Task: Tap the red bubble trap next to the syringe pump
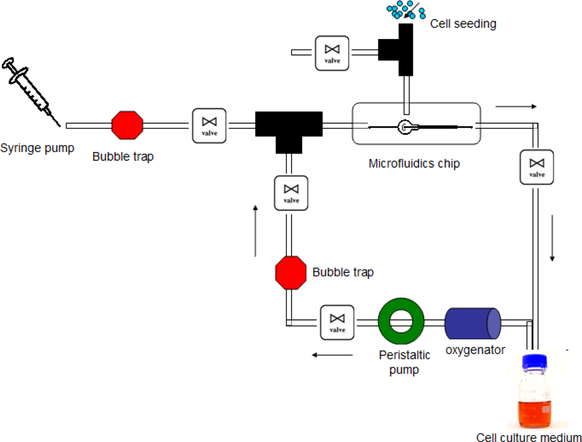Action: pos(127,125)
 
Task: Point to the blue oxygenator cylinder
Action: pos(472,322)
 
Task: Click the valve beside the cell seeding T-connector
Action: pos(332,54)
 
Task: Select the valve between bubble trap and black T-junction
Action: pos(210,125)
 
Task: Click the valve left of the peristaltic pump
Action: pos(337,322)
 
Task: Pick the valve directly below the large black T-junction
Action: pos(290,193)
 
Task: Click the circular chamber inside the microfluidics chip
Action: pos(404,126)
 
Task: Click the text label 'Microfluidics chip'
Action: pos(414,164)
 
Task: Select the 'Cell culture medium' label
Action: pos(528,437)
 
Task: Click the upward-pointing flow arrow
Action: pos(255,231)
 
